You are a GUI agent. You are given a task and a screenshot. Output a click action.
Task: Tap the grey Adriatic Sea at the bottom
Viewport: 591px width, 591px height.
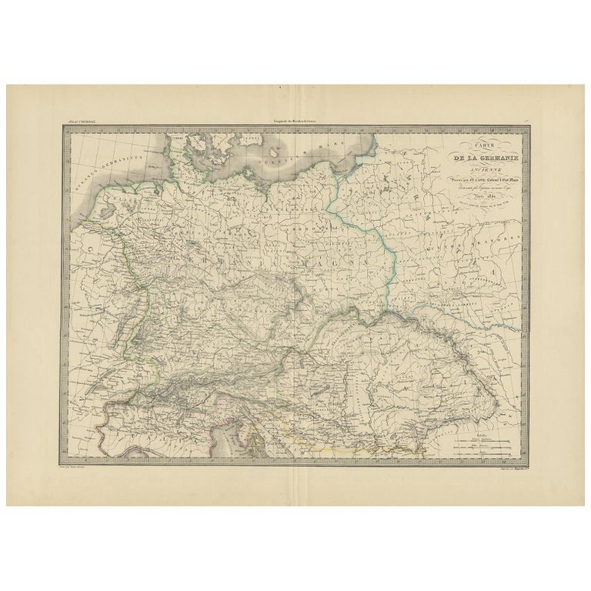pyautogui.click(x=235, y=446)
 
